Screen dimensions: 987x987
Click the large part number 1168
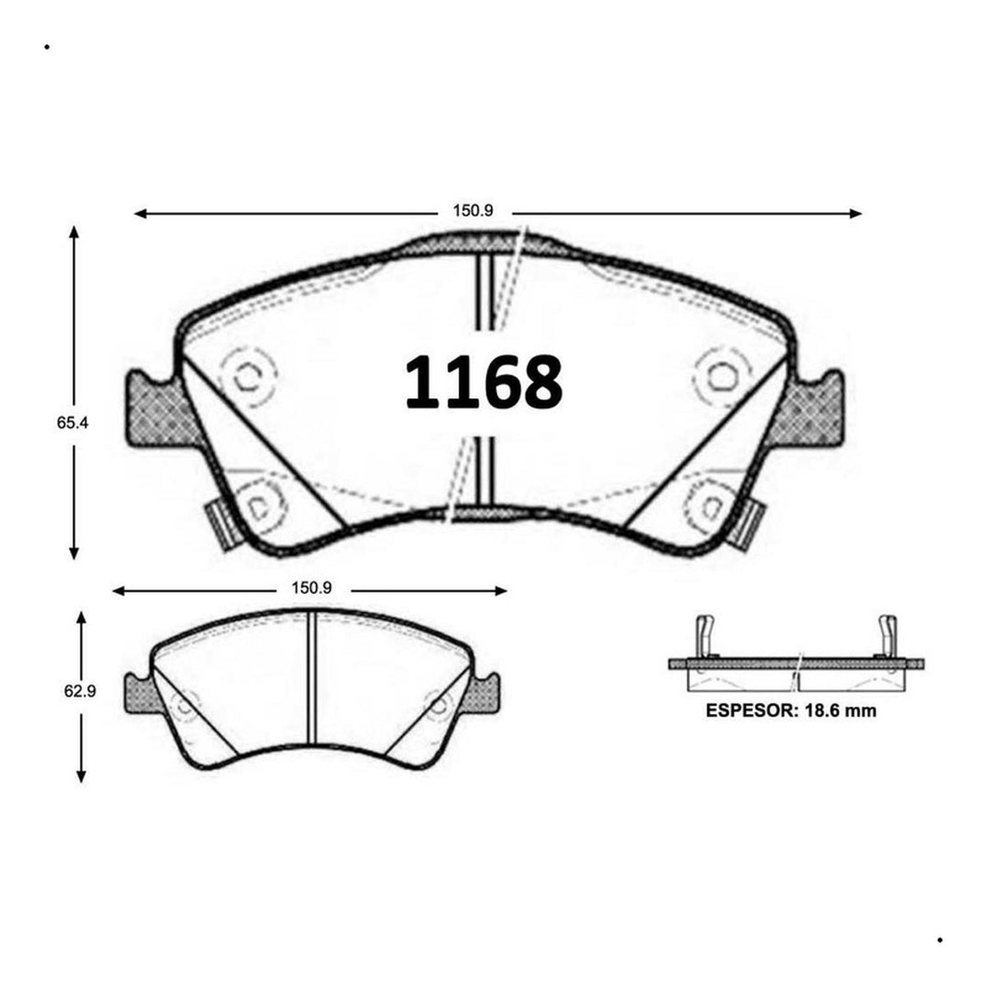(x=484, y=382)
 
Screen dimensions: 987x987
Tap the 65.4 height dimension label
(x=72, y=423)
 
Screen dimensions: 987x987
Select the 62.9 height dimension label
(x=80, y=691)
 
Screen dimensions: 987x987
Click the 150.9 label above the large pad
(x=472, y=211)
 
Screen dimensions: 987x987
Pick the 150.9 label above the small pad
(x=312, y=588)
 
